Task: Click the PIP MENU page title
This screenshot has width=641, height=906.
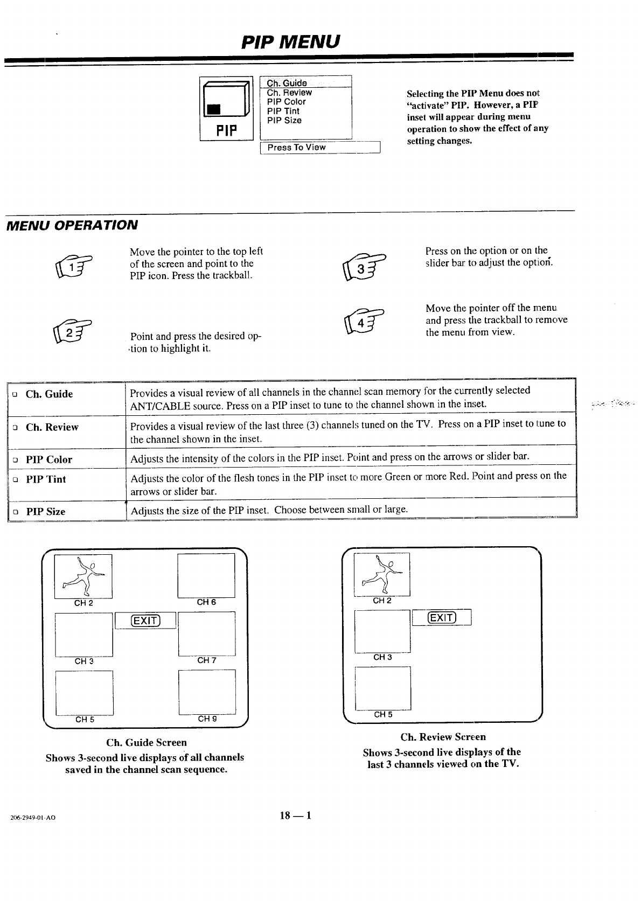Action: point(291,41)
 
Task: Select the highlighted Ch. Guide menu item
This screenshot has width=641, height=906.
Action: point(287,83)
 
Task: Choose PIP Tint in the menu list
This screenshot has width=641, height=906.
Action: point(283,111)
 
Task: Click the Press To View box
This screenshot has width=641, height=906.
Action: point(320,147)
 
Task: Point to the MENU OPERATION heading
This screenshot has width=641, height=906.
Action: point(71,225)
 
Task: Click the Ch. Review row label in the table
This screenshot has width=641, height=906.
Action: point(52,427)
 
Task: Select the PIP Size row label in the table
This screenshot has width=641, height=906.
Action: point(46,512)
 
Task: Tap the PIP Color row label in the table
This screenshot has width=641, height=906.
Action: point(49,459)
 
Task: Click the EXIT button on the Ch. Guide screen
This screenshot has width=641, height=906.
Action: point(145,621)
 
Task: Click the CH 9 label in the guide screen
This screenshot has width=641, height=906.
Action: point(207,719)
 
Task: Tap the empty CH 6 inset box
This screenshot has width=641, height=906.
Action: point(206,575)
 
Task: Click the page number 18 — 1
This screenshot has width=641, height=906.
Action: point(295,815)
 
